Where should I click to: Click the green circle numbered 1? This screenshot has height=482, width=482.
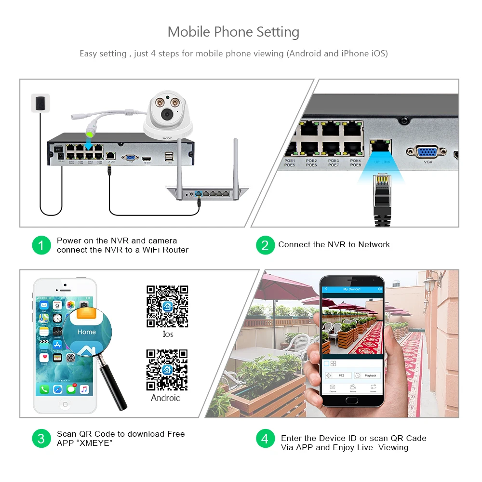(41, 245)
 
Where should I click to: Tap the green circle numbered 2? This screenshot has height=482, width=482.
(265, 245)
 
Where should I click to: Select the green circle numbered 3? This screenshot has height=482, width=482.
(41, 438)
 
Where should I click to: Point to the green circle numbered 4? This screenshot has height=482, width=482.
(265, 438)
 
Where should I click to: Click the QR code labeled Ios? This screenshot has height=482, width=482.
(167, 306)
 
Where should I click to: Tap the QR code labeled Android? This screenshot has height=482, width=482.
(167, 370)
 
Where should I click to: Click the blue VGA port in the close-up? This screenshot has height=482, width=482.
(424, 152)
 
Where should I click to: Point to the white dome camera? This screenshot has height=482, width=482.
(167, 114)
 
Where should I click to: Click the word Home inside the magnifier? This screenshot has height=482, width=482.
(86, 332)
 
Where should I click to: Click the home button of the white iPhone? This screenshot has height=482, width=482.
(65, 404)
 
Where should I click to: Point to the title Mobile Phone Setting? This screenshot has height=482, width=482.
(233, 32)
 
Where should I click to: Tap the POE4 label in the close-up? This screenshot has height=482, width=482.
(355, 161)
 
